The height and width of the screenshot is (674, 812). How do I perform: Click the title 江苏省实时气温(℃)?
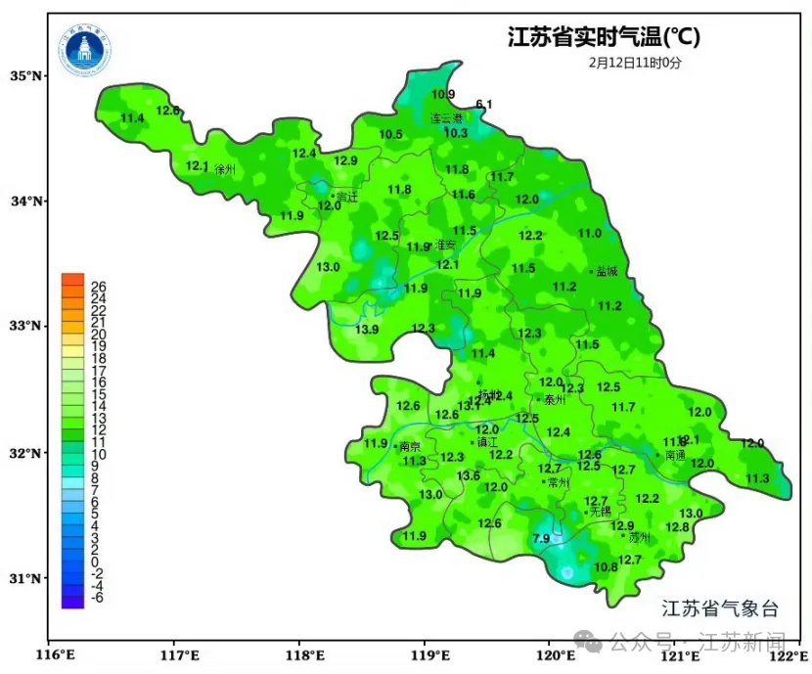pos(604,37)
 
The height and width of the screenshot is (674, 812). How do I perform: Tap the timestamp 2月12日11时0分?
pos(635,63)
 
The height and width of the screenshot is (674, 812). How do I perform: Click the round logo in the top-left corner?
pos(85,50)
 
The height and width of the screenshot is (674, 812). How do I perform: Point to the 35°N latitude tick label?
pos(27,76)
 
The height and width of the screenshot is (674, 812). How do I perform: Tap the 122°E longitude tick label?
pos(789,654)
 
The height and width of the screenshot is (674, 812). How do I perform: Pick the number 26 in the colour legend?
pos(98,287)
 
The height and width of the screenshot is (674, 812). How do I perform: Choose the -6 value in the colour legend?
pos(98,598)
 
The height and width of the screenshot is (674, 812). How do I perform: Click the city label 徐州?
pos(224,169)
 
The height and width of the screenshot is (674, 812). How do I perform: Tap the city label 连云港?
pos(447,117)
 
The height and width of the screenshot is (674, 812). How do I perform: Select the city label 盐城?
pos(606,271)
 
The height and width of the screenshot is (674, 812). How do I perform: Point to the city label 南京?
pos(409,446)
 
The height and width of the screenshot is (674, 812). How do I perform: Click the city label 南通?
pos(674,455)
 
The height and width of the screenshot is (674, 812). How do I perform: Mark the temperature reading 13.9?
pos(367,330)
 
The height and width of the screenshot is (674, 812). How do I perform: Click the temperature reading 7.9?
pos(541,539)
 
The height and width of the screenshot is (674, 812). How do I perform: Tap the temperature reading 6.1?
pos(484,105)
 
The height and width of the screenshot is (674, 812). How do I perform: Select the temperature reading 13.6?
pos(469,476)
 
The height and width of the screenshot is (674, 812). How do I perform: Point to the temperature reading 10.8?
pos(607,567)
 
